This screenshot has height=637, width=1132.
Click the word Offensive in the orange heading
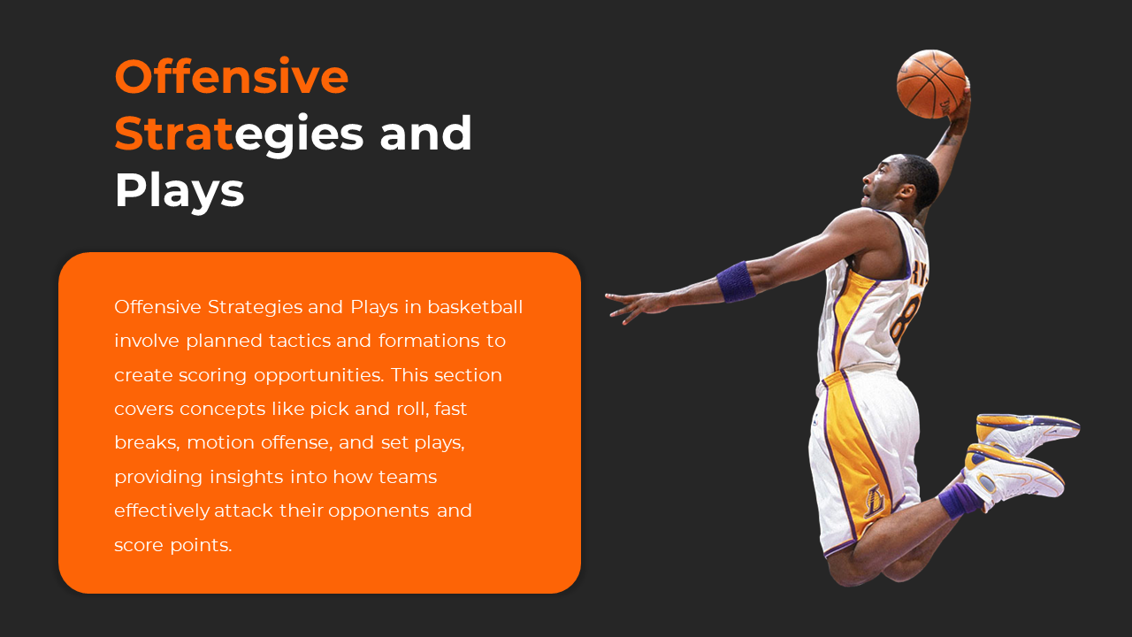tap(232, 76)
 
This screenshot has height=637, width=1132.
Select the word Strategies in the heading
tap(239, 134)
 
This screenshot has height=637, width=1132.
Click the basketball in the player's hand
tap(931, 84)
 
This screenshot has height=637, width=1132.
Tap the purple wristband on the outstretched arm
tap(736, 281)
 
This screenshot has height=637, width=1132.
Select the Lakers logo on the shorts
tap(875, 501)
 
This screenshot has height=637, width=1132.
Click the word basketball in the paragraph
tap(475, 307)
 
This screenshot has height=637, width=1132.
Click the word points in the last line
tap(201, 546)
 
